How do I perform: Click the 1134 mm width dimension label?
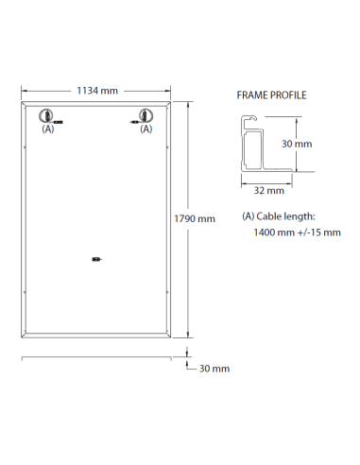96,91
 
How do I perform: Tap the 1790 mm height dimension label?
195,218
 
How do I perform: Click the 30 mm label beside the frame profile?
297,144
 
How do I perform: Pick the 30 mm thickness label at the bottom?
214,369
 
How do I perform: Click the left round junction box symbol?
46,116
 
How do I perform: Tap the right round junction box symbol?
146,116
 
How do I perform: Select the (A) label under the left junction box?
48,129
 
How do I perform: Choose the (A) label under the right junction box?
146,129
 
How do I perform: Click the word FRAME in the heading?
249,95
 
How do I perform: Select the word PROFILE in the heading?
287,95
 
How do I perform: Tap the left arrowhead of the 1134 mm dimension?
24,91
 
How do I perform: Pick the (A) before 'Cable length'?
249,216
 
